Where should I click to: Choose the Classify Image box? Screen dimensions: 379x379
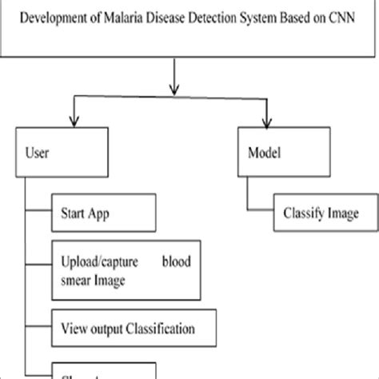coord(317,213)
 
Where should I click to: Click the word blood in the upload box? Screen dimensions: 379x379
coord(189,261)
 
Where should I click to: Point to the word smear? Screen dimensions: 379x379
coord(78,280)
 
